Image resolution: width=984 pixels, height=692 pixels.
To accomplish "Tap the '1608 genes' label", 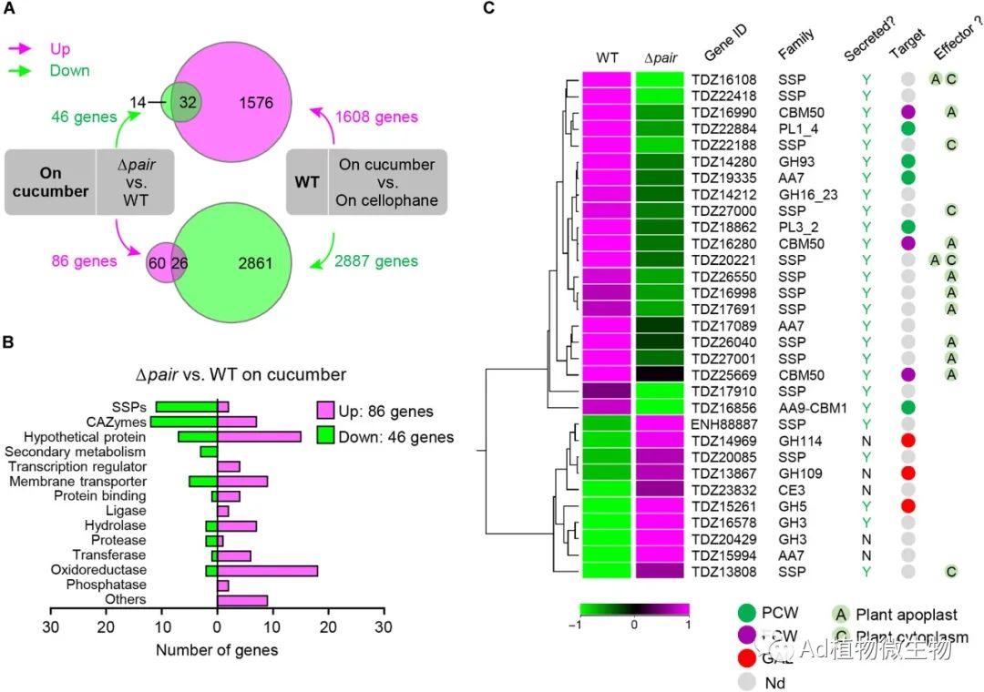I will (375, 117).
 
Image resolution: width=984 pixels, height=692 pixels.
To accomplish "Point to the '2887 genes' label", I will (375, 262).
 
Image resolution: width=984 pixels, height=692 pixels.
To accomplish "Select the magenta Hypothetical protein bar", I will (259, 437).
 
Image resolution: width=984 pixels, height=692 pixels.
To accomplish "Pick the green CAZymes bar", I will (183, 422).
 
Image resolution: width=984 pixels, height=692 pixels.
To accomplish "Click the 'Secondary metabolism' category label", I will (74, 452).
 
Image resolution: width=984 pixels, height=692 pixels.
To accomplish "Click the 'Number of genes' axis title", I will (217, 650).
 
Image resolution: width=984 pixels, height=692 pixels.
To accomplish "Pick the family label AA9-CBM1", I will (813, 408).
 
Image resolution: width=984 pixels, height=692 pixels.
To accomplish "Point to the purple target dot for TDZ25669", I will (907, 374).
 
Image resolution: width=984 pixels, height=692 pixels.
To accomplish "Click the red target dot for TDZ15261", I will (907, 506).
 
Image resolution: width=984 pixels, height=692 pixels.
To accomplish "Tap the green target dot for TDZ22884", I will (907, 128).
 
